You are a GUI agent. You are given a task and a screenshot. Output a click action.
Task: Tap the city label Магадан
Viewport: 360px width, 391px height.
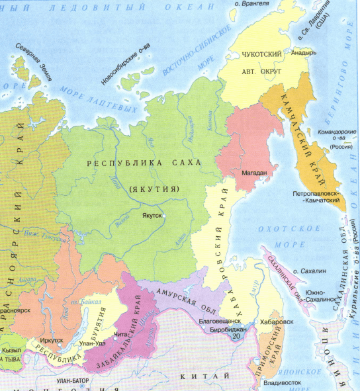click(253, 173)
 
